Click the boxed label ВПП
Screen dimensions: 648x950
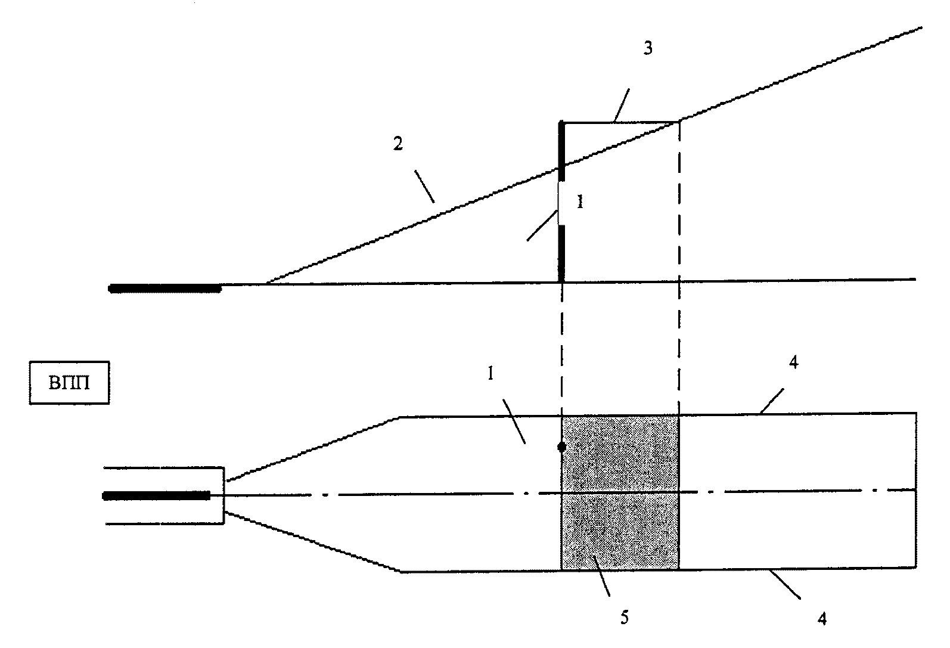pos(69,383)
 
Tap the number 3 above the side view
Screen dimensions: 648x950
pos(648,48)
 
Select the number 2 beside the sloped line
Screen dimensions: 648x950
pos(398,144)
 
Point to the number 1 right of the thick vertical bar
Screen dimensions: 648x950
pos(579,202)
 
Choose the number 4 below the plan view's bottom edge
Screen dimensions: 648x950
pos(822,619)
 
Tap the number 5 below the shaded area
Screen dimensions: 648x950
pos(624,618)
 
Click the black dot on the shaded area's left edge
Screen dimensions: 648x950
pos(561,447)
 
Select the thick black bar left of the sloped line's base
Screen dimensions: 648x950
pos(165,289)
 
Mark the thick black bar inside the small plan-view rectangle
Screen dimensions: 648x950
pos(157,495)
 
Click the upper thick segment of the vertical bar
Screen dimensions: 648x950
pos(561,151)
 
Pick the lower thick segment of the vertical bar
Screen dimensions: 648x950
pos(561,253)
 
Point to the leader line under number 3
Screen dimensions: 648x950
pos(621,106)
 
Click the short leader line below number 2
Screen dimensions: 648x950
pos(426,186)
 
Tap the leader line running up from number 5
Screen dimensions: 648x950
pos(601,575)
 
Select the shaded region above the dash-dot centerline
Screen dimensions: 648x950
pos(620,453)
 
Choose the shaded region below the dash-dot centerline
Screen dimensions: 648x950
pos(620,531)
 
